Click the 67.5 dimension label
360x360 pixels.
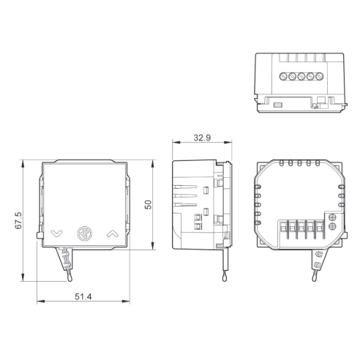click(x=18, y=220)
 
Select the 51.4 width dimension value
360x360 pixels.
click(x=83, y=297)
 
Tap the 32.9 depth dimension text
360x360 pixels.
click(x=202, y=138)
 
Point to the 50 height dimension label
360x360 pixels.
click(x=148, y=205)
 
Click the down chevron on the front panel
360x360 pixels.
click(x=57, y=233)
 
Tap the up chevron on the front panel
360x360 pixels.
click(x=113, y=234)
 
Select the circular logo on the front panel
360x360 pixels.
click(x=85, y=233)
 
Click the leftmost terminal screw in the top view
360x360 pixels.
click(x=283, y=77)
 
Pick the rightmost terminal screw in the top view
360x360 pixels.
click(x=319, y=77)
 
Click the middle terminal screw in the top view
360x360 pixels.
click(x=301, y=77)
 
